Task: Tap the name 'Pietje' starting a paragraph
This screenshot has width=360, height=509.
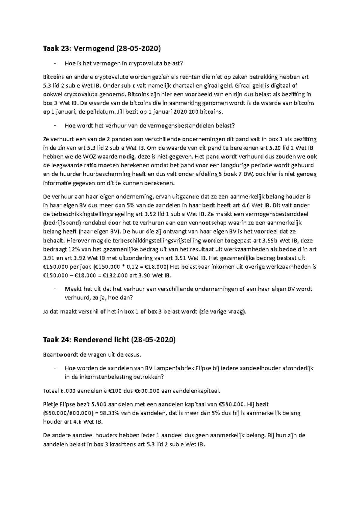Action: [50, 404]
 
